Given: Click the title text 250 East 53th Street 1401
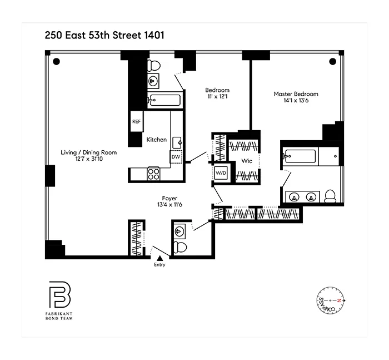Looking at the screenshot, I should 104,35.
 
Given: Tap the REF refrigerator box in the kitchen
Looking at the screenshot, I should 135,121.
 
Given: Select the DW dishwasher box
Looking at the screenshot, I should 176,157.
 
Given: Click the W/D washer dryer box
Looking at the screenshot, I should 220,172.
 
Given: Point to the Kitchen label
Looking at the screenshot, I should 156,140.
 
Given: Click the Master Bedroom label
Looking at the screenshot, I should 296,94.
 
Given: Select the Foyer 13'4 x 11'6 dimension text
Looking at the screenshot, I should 169,205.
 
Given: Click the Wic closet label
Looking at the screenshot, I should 247,161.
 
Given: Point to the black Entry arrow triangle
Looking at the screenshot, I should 160,258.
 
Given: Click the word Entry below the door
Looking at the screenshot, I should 159,265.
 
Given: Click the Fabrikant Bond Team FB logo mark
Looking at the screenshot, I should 59,295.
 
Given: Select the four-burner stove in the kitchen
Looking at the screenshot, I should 153,174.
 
